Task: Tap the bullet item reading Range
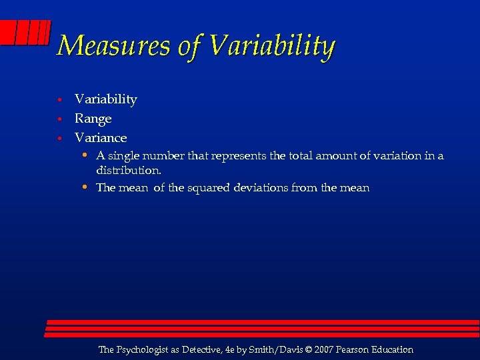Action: point(93,119)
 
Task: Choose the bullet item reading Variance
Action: point(101,138)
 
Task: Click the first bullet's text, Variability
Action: point(106,99)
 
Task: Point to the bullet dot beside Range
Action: point(59,119)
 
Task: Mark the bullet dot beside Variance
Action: point(59,139)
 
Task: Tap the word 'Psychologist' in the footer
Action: point(146,350)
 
